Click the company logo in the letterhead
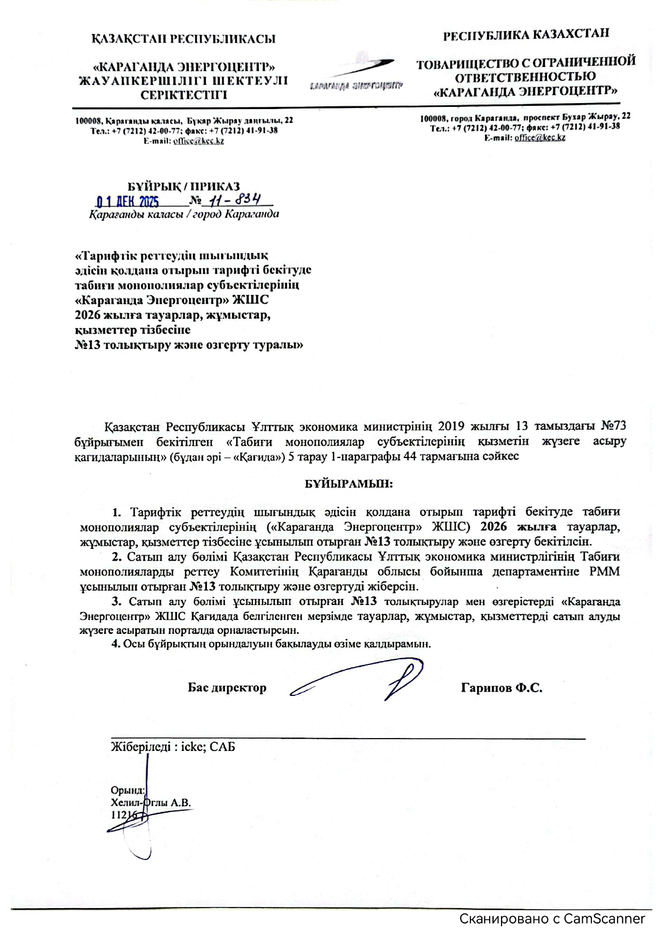pyautogui.click(x=356, y=75)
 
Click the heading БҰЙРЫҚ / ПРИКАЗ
pyautogui.click(x=183, y=187)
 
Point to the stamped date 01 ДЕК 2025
pyautogui.click(x=128, y=202)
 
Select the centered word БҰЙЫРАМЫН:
pyautogui.click(x=349, y=484)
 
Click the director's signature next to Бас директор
pyautogui.click(x=364, y=681)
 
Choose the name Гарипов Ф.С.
pyautogui.click(x=502, y=688)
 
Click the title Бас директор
pyautogui.click(x=227, y=688)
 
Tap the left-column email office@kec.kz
pyautogui.click(x=198, y=141)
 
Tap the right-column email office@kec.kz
pyautogui.click(x=539, y=137)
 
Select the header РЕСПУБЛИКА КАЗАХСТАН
pyautogui.click(x=526, y=35)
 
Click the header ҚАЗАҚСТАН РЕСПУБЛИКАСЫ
pyautogui.click(x=183, y=38)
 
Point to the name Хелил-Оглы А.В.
pyautogui.click(x=151, y=802)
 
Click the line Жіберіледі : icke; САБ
pyautogui.click(x=173, y=747)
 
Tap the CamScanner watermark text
pyautogui.click(x=552, y=919)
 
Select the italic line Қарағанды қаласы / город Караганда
pyautogui.click(x=183, y=215)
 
